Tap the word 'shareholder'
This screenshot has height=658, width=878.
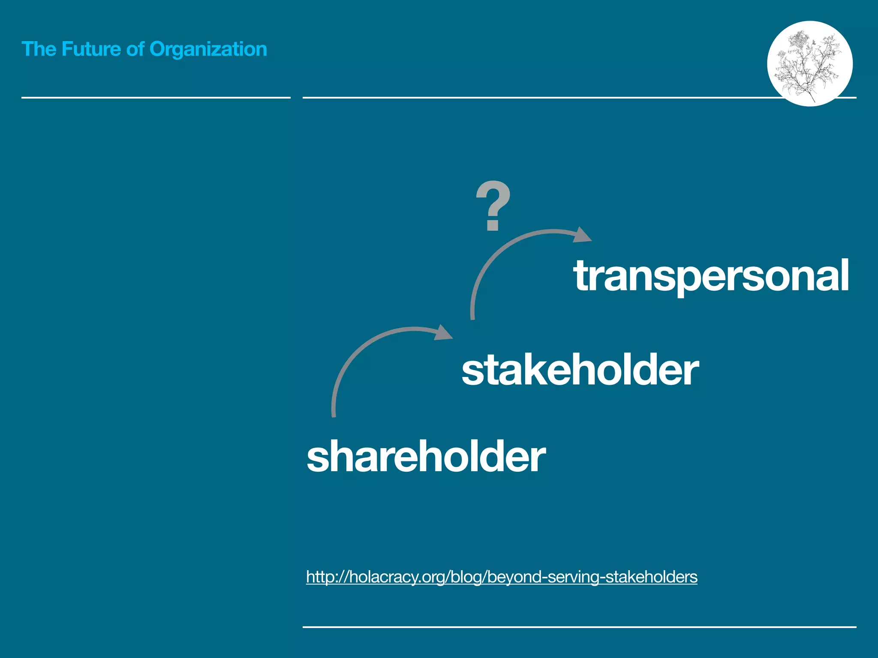click(x=426, y=457)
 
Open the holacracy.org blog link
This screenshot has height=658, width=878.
click(x=502, y=577)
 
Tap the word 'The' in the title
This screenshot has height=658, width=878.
click(x=39, y=49)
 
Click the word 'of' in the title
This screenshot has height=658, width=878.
click(x=135, y=49)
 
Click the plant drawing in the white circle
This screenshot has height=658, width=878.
click(x=809, y=63)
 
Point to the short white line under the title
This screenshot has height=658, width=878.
click(x=156, y=98)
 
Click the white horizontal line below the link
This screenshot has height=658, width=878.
click(x=579, y=627)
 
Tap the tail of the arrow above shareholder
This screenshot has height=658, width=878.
click(x=334, y=413)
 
